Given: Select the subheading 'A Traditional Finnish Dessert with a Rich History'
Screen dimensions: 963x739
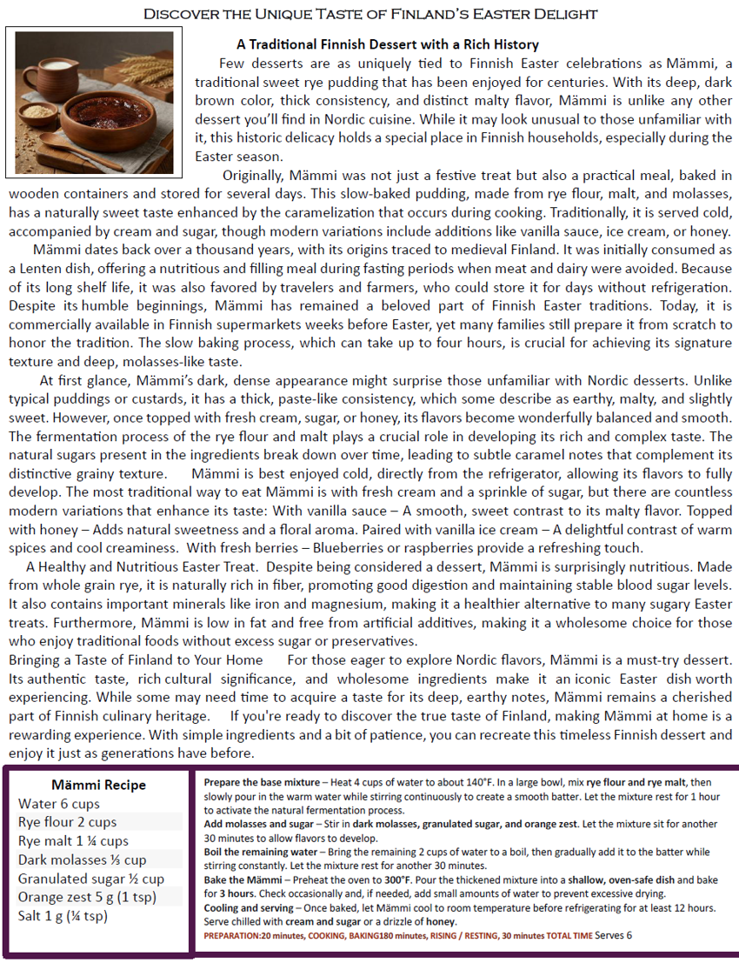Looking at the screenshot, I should [387, 44].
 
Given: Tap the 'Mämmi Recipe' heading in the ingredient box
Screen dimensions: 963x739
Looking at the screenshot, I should [98, 784].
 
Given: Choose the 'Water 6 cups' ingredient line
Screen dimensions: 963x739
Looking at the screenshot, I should [59, 804].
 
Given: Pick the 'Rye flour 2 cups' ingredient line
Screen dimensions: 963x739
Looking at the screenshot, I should [67, 822].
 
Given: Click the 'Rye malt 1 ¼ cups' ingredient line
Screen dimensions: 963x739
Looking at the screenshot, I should [73, 841].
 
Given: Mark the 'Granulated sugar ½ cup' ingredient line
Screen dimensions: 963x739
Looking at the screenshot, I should [90, 879].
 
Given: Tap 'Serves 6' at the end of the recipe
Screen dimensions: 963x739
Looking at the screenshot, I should [614, 935].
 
